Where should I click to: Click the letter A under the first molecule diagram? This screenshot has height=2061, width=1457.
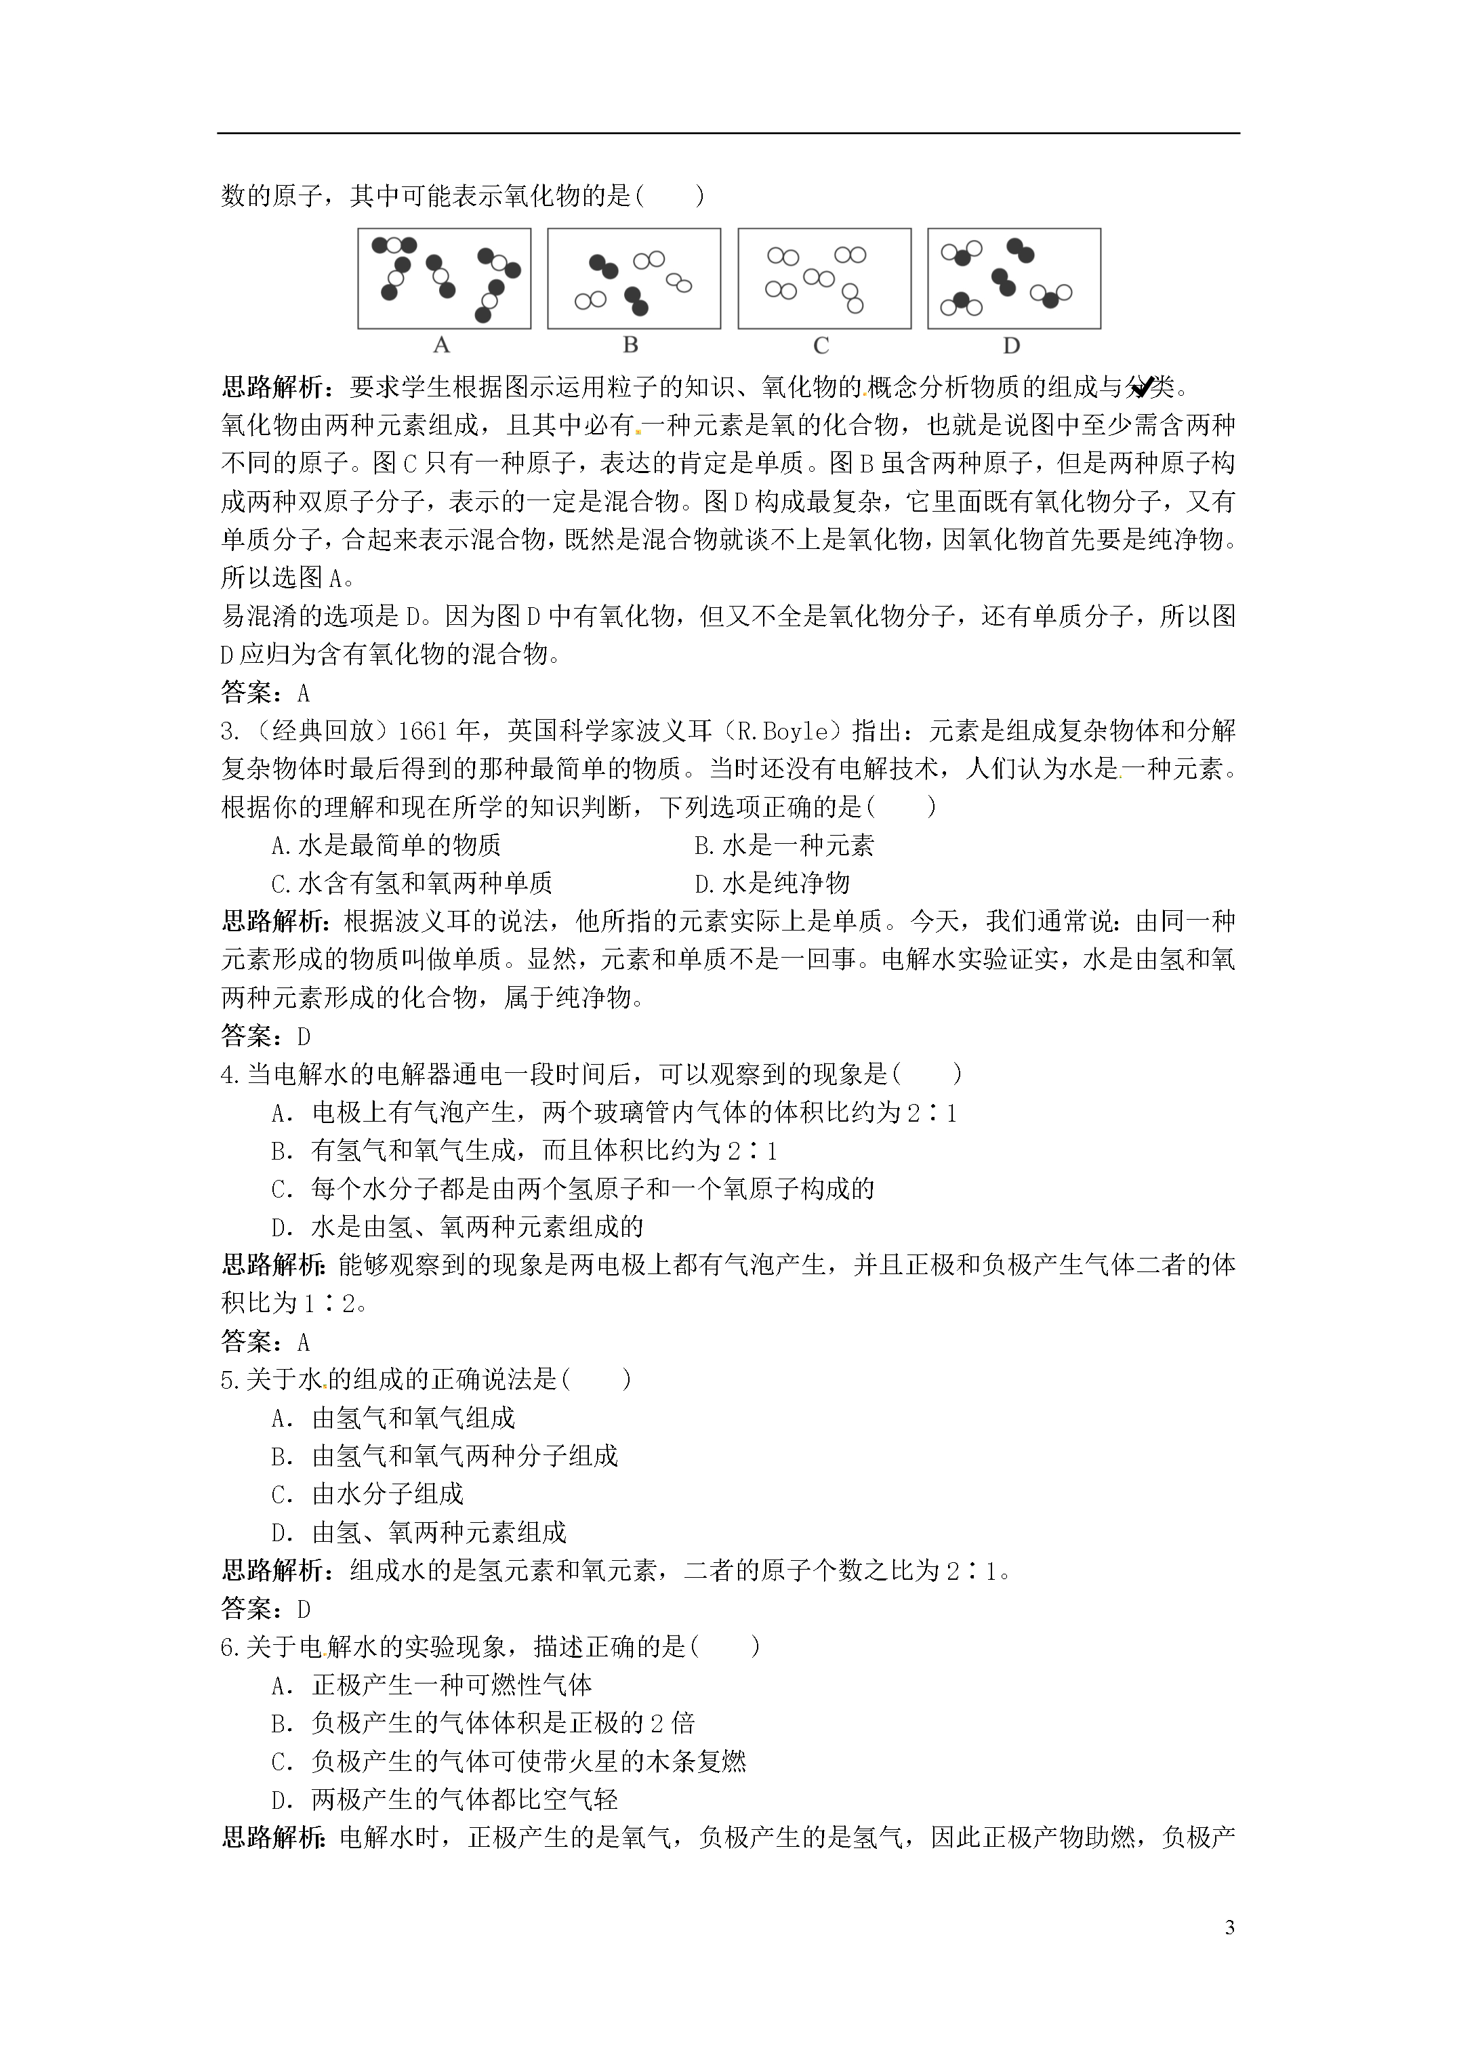[440, 346]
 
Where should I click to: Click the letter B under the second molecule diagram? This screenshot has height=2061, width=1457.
[630, 346]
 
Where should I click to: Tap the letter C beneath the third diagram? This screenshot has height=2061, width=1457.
[821, 346]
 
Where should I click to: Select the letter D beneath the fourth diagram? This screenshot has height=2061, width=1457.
[1011, 346]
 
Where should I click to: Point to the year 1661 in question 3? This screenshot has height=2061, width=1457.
[422, 731]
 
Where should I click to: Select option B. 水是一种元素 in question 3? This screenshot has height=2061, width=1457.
[783, 844]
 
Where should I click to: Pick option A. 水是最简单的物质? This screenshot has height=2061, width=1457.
[386, 844]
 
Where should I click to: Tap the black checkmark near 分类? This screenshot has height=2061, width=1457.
[1142, 388]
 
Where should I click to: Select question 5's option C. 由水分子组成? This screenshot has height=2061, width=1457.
[367, 1494]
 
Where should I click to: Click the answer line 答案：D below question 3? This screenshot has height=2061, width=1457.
[266, 1037]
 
